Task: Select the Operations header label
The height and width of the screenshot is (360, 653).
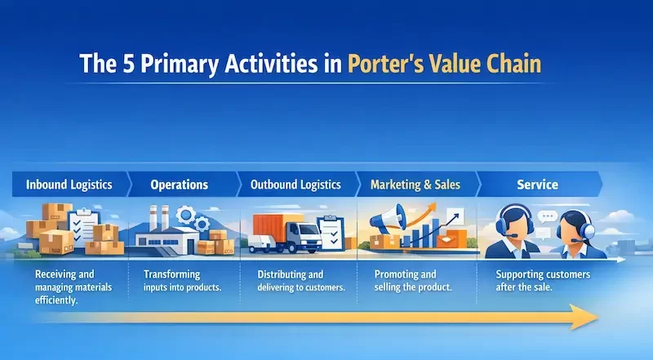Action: pos(179,184)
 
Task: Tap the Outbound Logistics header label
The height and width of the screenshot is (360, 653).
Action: pos(295,184)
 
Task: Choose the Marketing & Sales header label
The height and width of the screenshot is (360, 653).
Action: pos(415,184)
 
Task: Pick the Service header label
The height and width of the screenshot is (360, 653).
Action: pos(537,184)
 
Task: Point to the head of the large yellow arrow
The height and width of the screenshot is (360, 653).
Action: pos(586,317)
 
